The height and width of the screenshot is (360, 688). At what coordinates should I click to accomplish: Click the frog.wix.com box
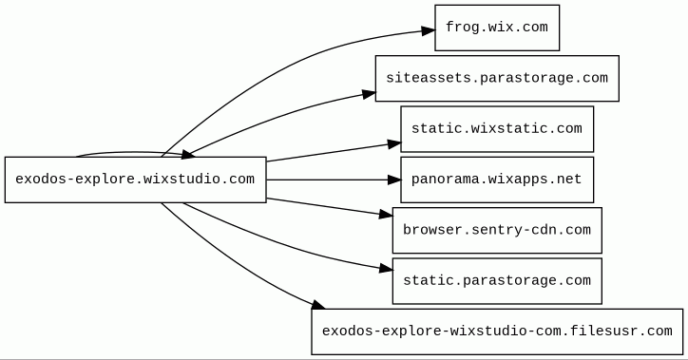coord(497,28)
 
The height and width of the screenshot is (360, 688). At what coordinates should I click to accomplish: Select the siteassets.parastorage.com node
coord(497,79)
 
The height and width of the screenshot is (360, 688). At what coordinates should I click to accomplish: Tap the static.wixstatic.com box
coord(497,129)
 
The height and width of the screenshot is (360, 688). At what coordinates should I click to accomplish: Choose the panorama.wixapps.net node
coord(497,180)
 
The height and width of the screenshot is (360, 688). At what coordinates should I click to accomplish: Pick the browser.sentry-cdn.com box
coord(497,230)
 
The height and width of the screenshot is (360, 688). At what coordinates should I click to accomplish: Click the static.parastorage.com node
coord(497,281)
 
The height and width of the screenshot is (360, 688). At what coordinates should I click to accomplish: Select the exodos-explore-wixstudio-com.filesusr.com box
coord(497,332)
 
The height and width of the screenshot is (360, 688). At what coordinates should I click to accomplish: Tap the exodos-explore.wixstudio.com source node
coord(136,180)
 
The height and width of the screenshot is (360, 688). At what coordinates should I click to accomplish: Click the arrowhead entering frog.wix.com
coord(428,30)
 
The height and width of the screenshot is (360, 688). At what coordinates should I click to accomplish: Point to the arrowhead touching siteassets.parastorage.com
coord(369,94)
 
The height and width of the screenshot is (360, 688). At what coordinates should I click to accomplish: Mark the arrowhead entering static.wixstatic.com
coord(394,143)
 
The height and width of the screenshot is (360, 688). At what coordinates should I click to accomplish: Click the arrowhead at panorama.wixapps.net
coord(394,180)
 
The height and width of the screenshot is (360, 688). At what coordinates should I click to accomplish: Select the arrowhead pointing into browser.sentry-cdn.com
coord(386,215)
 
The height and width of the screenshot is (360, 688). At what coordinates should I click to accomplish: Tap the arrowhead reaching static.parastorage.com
coord(386,269)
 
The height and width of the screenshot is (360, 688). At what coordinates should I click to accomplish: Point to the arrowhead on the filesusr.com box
coord(318,305)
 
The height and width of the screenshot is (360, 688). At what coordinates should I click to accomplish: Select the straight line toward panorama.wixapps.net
coord(327,180)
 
